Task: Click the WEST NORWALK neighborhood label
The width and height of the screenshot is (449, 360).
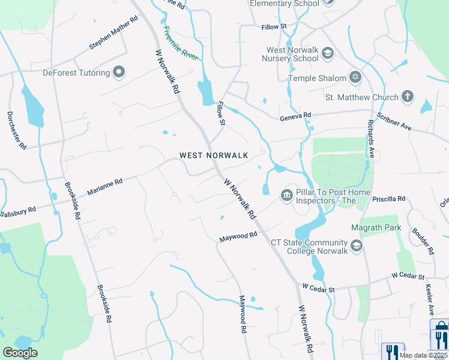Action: point(214,155)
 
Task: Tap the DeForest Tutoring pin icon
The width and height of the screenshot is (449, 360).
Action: point(119,73)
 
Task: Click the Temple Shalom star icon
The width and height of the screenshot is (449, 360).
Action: point(355,78)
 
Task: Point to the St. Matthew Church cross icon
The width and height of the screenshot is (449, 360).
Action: point(408,97)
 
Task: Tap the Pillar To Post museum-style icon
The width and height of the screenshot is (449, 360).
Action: point(286,194)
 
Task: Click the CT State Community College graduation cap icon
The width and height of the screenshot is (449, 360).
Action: point(357,246)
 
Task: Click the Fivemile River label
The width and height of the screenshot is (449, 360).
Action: point(181,43)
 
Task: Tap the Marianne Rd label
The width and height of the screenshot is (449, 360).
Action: point(104,185)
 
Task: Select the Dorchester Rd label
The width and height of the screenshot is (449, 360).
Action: point(16,130)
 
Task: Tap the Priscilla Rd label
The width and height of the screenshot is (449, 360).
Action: point(389,198)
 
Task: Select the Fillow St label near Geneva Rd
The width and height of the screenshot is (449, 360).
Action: point(221,113)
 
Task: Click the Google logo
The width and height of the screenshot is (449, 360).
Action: point(20,353)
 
